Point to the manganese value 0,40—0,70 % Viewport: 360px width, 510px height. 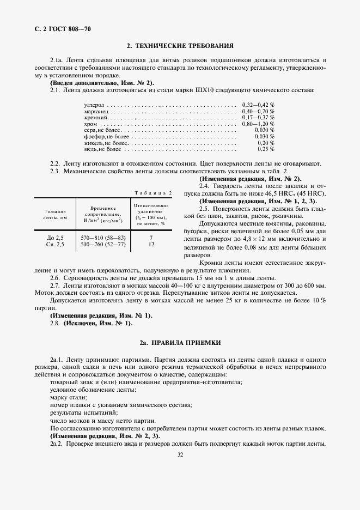coord(258,111)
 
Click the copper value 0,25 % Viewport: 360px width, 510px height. coord(266,149)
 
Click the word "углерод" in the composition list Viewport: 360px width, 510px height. coord(94,104)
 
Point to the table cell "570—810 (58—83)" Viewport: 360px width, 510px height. coord(103,238)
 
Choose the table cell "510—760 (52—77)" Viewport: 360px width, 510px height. coord(103,245)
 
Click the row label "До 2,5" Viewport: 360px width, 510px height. coord(56,238)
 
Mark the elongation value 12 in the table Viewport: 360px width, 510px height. coord(151,245)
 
